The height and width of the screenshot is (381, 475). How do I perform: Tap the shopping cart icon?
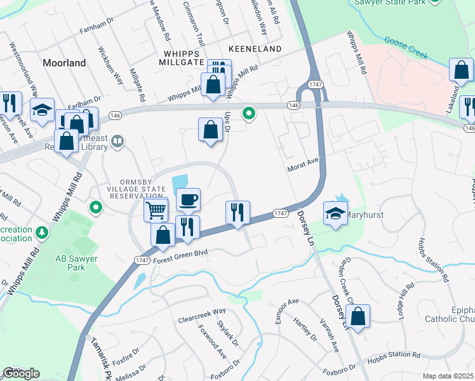[x=156, y=209]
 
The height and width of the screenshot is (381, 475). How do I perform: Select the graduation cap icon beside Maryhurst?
[x=333, y=213]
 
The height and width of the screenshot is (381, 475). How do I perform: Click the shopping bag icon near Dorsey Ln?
[x=358, y=317]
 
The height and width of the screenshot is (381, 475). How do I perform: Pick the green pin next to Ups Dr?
[x=249, y=114]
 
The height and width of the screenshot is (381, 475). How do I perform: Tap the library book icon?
[x=117, y=142]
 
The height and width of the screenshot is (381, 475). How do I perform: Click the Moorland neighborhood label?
[x=64, y=63]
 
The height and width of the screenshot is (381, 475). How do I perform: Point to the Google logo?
[x=22, y=373]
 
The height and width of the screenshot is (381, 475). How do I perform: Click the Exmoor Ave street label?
[x=286, y=311]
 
